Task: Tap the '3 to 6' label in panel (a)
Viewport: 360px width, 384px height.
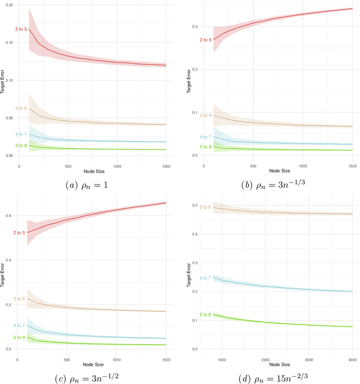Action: (21, 108)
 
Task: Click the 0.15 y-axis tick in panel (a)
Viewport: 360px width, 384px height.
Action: (10, 42)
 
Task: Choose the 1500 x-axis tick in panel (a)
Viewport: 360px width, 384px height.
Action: (166, 166)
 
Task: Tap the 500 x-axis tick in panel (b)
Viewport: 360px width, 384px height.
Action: (253, 166)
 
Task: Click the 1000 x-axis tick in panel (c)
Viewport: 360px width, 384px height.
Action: (116, 359)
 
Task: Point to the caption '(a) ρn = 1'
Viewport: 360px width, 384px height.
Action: (89, 184)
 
